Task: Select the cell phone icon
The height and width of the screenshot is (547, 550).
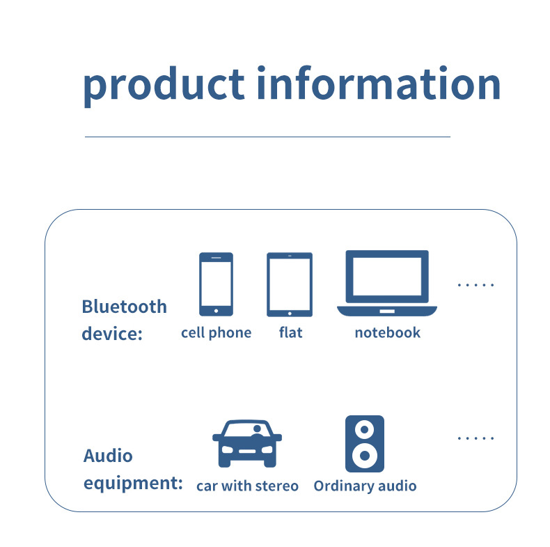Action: tap(216, 284)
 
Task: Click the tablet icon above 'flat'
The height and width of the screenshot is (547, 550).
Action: tap(290, 284)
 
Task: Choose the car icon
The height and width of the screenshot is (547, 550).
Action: tap(246, 443)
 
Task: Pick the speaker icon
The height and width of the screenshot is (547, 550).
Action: tap(364, 444)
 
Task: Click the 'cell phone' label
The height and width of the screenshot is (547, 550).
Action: tap(216, 333)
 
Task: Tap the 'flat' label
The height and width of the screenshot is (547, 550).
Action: tap(290, 332)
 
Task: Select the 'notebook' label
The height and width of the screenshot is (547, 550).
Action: tap(387, 332)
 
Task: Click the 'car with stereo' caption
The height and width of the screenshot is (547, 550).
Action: tap(247, 486)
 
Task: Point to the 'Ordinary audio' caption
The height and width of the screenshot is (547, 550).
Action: tap(365, 486)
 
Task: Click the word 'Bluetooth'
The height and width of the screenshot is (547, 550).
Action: tap(124, 307)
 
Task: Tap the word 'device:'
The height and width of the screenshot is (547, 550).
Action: tap(111, 333)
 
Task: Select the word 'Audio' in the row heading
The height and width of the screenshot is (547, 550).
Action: tap(107, 456)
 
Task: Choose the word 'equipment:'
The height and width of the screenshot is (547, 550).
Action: tap(132, 483)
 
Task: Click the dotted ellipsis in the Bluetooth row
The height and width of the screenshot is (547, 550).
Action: tap(476, 285)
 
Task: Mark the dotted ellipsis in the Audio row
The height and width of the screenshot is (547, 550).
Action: tap(476, 438)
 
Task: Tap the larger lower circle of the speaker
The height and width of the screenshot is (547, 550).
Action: tap(364, 456)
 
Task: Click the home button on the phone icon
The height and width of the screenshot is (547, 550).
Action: tap(216, 310)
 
